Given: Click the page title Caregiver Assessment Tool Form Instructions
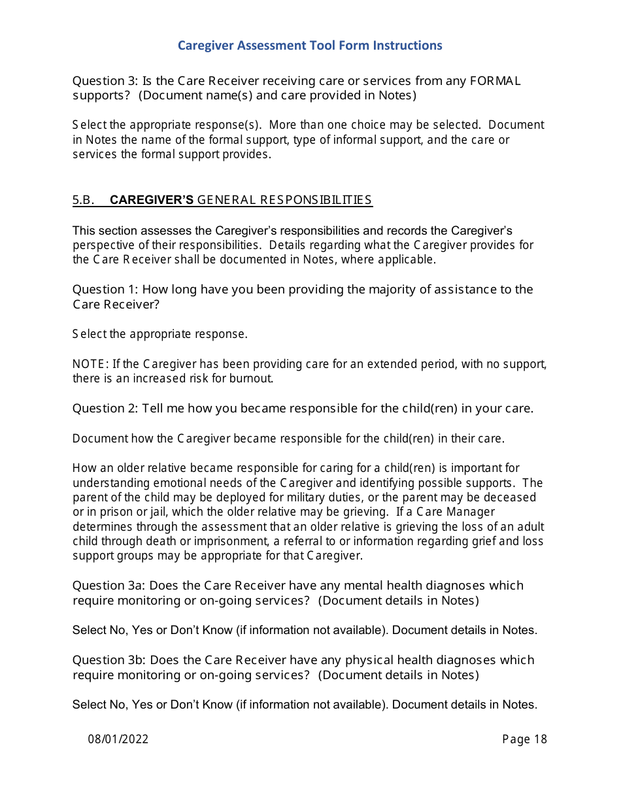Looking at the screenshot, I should pyautogui.click(x=310, y=46).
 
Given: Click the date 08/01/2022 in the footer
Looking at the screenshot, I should pyautogui.click(x=118, y=739).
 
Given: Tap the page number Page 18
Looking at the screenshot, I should pyautogui.click(x=524, y=739).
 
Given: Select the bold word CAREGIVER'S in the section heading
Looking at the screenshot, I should pyautogui.click(x=152, y=200).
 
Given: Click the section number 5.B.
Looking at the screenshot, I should pyautogui.click(x=84, y=200).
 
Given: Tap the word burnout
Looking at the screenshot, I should pyautogui.click(x=251, y=378).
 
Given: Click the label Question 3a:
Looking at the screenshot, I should pyautogui.click(x=109, y=586).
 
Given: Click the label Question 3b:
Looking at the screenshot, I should pyautogui.click(x=109, y=660).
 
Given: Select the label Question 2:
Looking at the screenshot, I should pyautogui.click(x=105, y=409).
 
